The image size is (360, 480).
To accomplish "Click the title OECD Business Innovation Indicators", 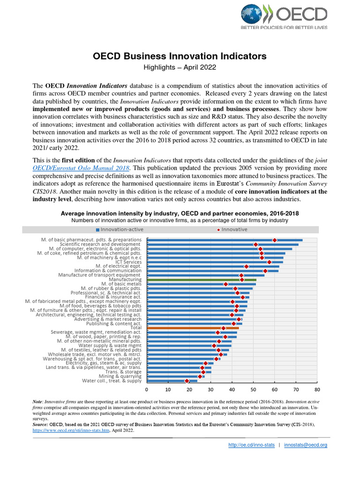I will point(180,56).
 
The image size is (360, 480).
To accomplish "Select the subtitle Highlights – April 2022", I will point(180,67).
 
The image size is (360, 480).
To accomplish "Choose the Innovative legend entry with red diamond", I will point(232,229).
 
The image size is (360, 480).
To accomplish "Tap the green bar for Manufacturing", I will point(202,279).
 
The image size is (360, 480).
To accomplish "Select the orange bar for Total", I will point(193,328).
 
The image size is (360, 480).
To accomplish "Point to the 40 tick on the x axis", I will point(232,390).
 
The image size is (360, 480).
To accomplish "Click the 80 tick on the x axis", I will point(317,390).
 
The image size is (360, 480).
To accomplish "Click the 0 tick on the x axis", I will point(147,390).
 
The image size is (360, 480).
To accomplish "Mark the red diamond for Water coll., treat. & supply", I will point(187,381).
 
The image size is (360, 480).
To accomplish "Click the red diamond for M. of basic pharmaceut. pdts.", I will point(275,240).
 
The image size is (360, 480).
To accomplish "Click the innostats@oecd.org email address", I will point(306,445).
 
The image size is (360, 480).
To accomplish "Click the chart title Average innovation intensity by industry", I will point(180,213).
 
